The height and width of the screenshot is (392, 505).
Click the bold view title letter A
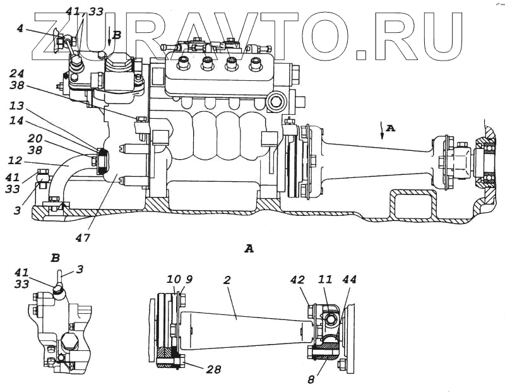(249, 249)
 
